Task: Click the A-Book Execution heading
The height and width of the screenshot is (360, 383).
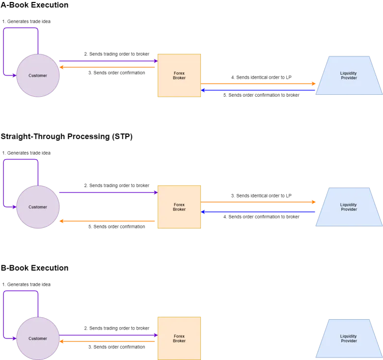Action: click(x=34, y=5)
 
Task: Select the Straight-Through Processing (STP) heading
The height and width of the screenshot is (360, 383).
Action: click(x=66, y=136)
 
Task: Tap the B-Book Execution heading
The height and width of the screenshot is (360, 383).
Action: click(x=34, y=268)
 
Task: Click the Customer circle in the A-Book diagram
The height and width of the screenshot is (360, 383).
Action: click(x=38, y=76)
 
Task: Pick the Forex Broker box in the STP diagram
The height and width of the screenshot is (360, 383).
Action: click(x=179, y=207)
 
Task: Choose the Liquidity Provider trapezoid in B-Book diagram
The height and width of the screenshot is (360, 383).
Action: click(x=349, y=338)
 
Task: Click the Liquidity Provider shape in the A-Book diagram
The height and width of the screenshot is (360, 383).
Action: click(x=349, y=76)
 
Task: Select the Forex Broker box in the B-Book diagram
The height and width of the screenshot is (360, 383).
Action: click(x=179, y=338)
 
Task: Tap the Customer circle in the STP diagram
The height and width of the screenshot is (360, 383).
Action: click(x=38, y=207)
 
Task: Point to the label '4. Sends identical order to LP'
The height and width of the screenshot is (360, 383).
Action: click(x=261, y=78)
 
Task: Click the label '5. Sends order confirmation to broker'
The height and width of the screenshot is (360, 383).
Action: click(x=261, y=95)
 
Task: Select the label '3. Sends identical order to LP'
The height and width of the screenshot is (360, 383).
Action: click(x=261, y=195)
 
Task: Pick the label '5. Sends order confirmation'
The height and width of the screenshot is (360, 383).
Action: click(x=116, y=226)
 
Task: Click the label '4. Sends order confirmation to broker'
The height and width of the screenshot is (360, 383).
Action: click(x=261, y=217)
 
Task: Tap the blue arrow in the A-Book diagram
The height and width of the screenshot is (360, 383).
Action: click(x=258, y=90)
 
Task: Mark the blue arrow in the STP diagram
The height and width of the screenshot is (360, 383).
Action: click(x=258, y=212)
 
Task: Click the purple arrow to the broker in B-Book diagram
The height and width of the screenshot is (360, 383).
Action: click(x=109, y=335)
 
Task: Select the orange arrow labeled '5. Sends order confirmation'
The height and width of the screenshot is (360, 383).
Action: click(x=107, y=221)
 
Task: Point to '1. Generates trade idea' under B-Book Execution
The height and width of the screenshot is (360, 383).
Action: click(x=27, y=284)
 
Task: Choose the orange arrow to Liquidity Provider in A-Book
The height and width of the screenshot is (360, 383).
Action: click(x=258, y=84)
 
